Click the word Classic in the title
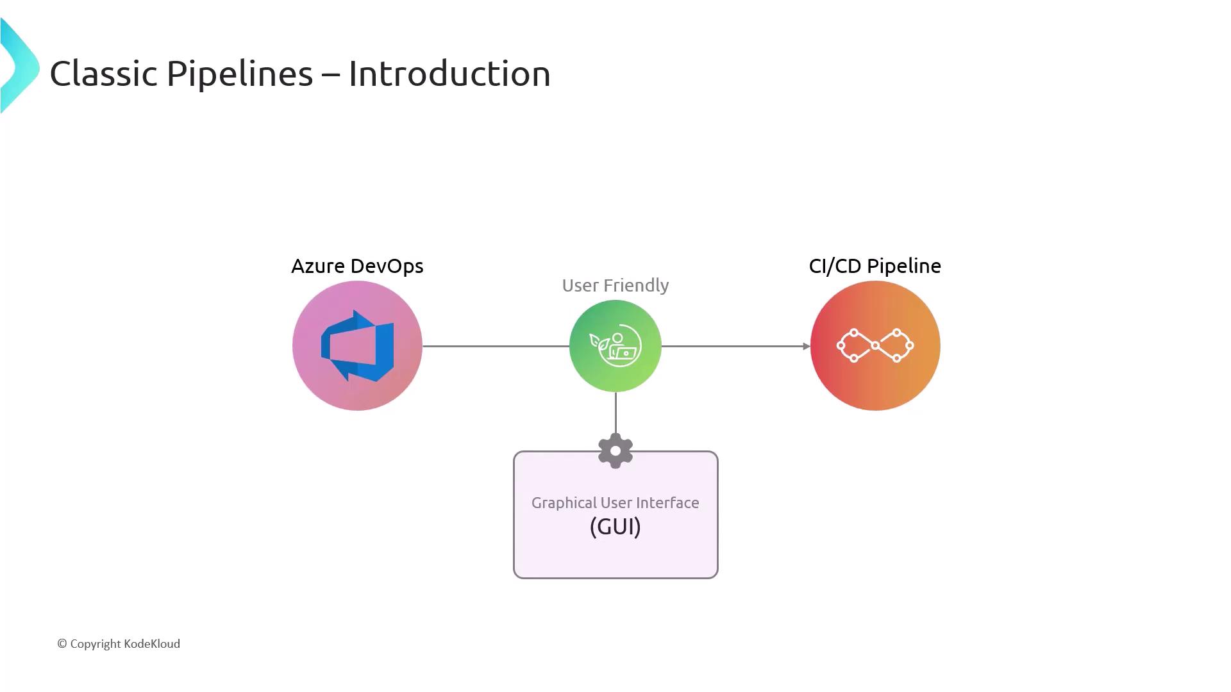[104, 74]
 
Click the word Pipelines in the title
[240, 74]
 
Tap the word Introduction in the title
[449, 74]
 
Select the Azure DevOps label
[357, 266]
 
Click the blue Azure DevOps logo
[357, 346]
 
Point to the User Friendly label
[615, 285]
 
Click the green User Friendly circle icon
[615, 346]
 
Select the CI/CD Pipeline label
[875, 266]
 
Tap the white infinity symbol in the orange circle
[875, 346]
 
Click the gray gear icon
[615, 451]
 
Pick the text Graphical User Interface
[615, 503]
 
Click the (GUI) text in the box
[615, 527]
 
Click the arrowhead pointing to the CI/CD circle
[807, 346]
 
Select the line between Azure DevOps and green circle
[495, 346]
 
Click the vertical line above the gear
[615, 413]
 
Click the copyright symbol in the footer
[62, 644]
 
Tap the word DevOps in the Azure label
[387, 266]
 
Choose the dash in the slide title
[330, 74]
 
